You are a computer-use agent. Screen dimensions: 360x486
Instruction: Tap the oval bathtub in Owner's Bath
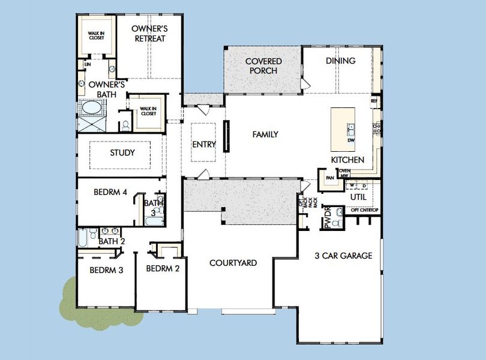92,108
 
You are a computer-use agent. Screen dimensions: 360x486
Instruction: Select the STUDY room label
122,152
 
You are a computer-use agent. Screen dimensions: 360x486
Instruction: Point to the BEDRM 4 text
110,193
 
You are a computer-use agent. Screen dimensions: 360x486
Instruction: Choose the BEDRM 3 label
106,270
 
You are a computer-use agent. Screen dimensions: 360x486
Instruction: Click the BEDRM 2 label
163,268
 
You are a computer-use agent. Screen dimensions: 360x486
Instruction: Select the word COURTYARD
233,263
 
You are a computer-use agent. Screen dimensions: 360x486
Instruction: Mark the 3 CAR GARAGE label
343,256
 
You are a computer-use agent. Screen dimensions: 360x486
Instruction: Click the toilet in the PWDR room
337,223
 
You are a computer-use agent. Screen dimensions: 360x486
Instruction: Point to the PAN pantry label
329,178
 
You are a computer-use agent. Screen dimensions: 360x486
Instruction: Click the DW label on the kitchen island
350,141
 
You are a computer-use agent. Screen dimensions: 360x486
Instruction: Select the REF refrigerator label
374,102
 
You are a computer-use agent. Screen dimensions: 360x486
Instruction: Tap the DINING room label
340,61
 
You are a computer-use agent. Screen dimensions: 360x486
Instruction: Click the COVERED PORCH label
263,66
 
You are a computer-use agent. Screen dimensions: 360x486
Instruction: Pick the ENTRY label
204,144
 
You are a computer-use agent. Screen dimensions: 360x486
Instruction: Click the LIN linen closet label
88,64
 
